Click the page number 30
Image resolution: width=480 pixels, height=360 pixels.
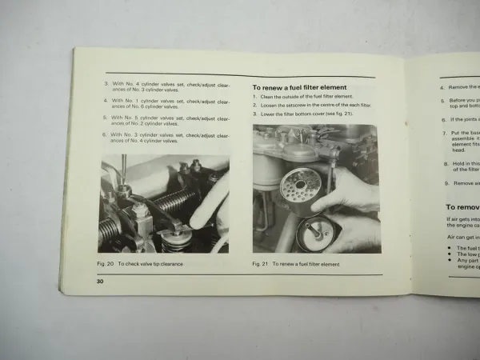[101, 281]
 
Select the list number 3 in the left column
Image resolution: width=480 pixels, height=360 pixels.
[106, 83]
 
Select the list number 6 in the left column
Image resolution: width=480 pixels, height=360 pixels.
[105, 135]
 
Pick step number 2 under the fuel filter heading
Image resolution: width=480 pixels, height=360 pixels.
[254, 105]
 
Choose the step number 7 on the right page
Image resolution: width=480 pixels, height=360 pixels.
[444, 133]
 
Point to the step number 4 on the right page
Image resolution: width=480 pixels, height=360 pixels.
[442, 86]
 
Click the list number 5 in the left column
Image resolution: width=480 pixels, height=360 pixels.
[105, 118]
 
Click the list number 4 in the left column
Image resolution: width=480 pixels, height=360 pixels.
[105, 101]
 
